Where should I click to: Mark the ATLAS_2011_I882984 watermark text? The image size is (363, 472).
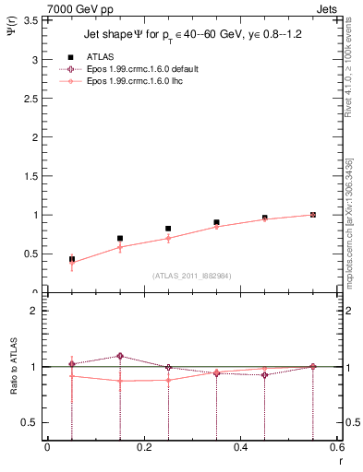[191, 275]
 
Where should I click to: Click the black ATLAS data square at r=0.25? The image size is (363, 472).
[168, 229]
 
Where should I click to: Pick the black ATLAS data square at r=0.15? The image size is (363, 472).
[120, 238]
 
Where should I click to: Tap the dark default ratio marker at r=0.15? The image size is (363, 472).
[120, 356]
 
